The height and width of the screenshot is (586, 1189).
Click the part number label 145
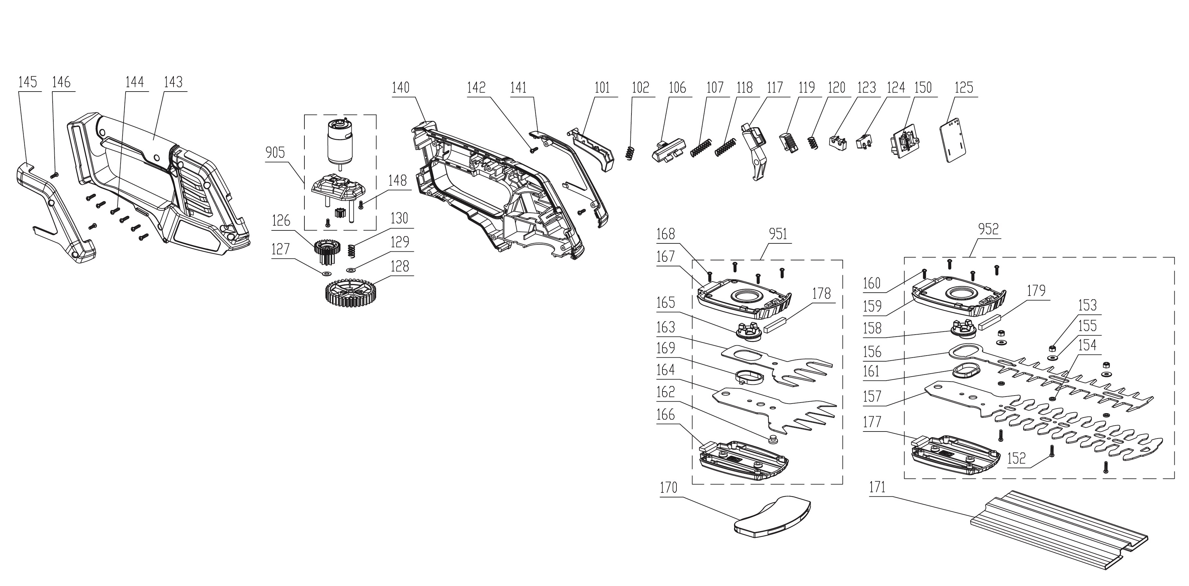pos(27,83)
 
